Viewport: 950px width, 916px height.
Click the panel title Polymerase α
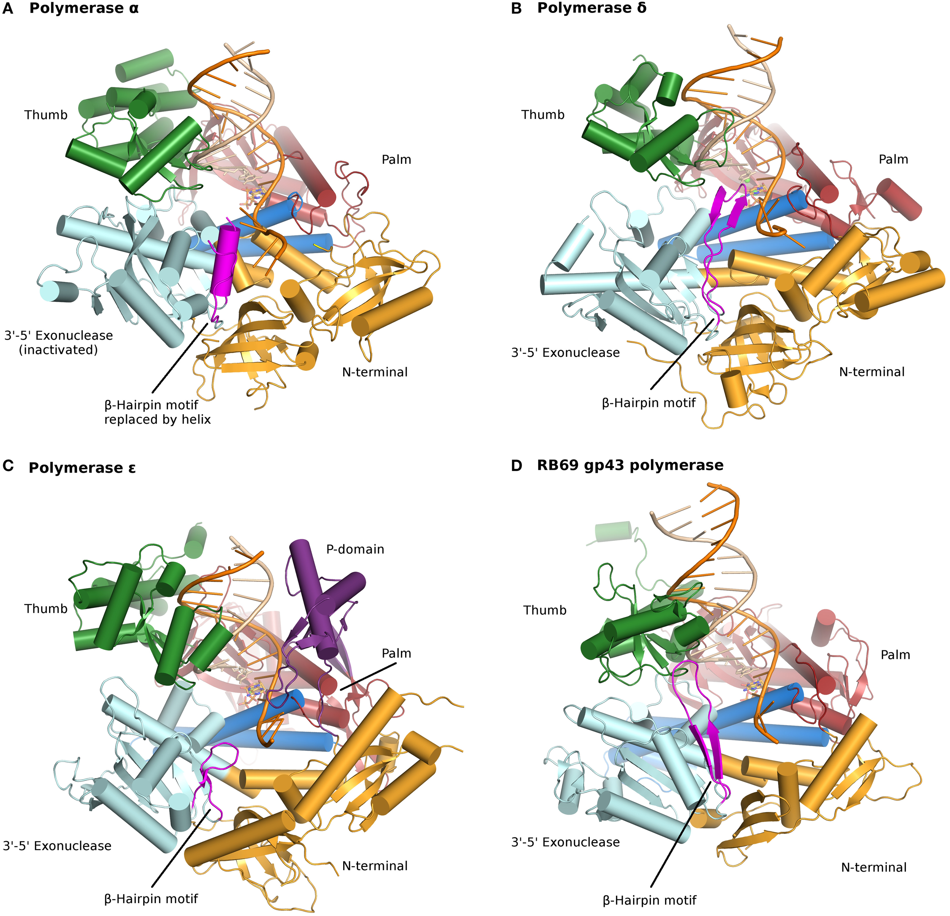(x=84, y=8)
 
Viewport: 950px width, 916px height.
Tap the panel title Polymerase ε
(x=82, y=468)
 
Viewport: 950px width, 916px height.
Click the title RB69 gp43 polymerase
(x=630, y=466)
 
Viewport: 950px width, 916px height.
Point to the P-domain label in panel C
(x=355, y=549)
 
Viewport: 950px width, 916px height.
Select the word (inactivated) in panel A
(x=58, y=350)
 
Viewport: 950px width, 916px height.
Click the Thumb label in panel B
(x=543, y=115)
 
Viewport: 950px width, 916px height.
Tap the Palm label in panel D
(x=895, y=655)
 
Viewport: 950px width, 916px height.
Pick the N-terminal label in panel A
(x=375, y=372)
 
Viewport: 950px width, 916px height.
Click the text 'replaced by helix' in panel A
(x=158, y=420)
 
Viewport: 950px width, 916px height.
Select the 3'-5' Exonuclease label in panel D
(x=565, y=842)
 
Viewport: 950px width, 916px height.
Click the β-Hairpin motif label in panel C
(x=151, y=899)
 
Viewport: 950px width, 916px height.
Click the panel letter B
(x=517, y=9)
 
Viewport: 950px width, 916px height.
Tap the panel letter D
(x=517, y=466)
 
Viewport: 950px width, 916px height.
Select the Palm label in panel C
(x=396, y=654)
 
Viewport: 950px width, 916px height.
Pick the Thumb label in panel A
(x=46, y=115)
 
